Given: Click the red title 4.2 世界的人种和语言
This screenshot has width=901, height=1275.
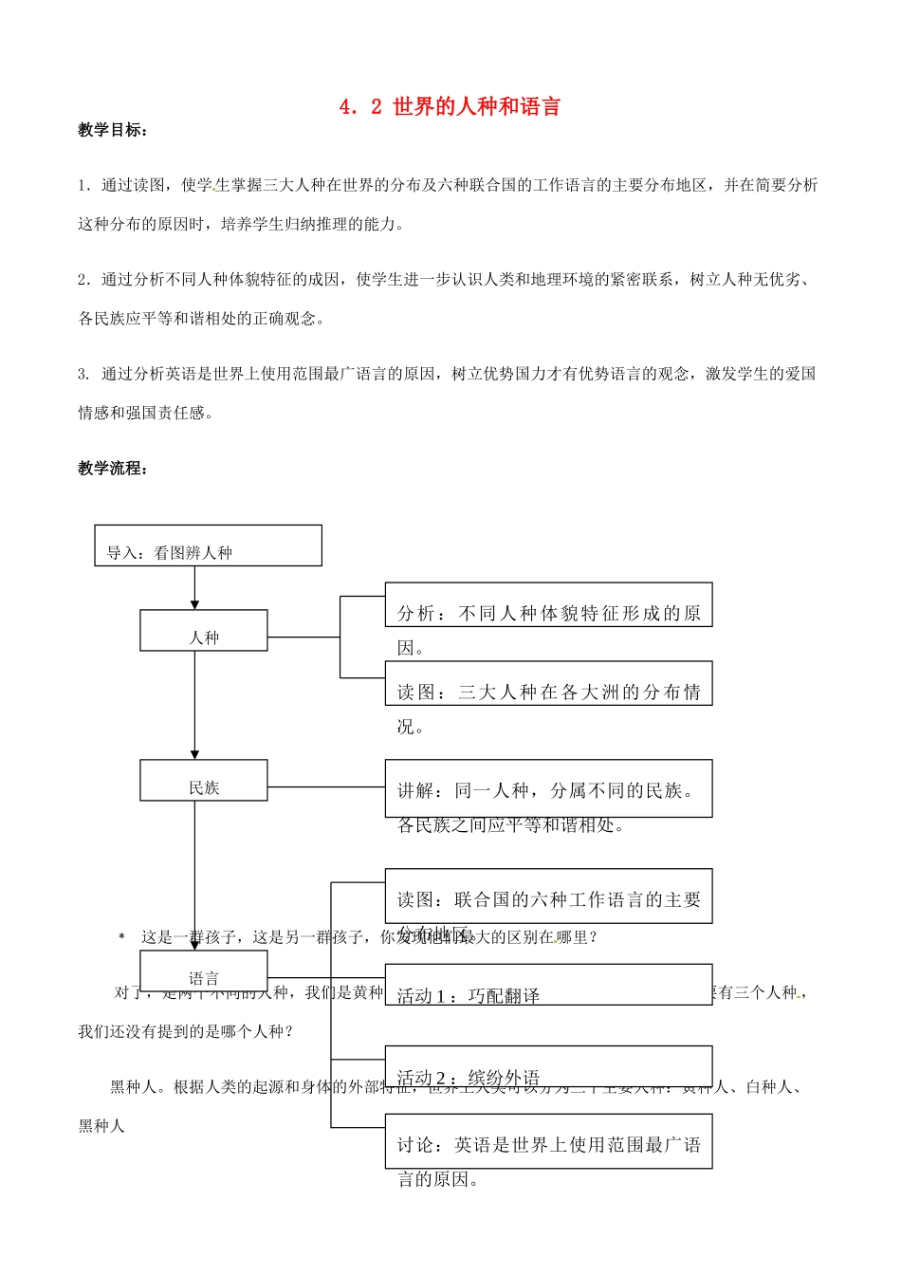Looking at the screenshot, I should pyautogui.click(x=450, y=106).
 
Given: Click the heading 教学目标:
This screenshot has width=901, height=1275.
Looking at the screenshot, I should pyautogui.click(x=113, y=130).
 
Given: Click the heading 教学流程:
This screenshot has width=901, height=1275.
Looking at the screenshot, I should pyautogui.click(x=113, y=468).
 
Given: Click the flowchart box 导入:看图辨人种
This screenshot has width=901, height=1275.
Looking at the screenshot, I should pyautogui.click(x=208, y=545).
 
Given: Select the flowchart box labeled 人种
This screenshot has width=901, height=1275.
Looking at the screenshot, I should pyautogui.click(x=204, y=631).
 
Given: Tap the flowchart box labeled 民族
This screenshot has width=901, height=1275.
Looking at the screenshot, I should pyautogui.click(x=204, y=781).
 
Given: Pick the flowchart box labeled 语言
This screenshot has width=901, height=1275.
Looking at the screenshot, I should pyautogui.click(x=204, y=971).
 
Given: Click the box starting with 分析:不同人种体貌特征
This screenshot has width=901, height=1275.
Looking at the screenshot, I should pyautogui.click(x=548, y=605).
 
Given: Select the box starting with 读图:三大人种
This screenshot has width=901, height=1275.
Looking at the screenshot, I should pyautogui.click(x=548, y=684).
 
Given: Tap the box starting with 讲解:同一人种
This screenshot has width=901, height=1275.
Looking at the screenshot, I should pyautogui.click(x=548, y=788).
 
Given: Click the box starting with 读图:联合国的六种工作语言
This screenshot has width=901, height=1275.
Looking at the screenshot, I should pyautogui.click(x=548, y=896).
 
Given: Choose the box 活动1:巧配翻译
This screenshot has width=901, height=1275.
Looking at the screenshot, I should pyautogui.click(x=548, y=985).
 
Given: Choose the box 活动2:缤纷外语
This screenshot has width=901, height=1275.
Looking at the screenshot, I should pyautogui.click(x=548, y=1066).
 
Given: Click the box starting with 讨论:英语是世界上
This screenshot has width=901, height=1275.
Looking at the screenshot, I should pyautogui.click(x=548, y=1141).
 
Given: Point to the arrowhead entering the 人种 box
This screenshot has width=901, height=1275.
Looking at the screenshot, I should pyautogui.click(x=195, y=604).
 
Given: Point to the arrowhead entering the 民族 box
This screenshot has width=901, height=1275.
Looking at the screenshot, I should pyautogui.click(x=195, y=754).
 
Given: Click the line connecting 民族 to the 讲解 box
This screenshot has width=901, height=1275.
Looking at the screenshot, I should pyautogui.click(x=326, y=787).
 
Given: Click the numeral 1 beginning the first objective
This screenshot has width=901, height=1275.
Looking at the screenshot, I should pyautogui.click(x=82, y=185).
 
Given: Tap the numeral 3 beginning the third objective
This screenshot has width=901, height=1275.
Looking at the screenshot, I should pyautogui.click(x=82, y=374).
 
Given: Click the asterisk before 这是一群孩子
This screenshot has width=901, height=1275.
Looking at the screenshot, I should pyautogui.click(x=121, y=937).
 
